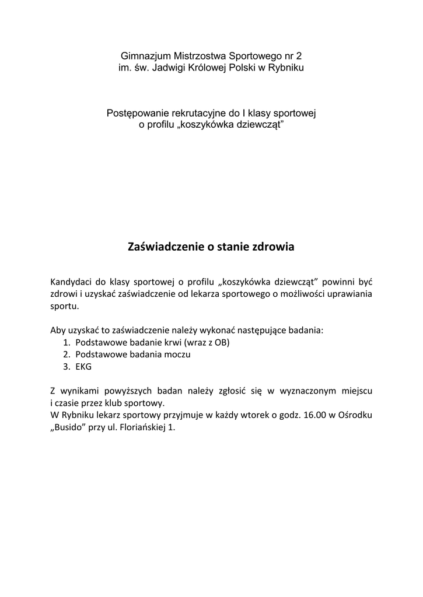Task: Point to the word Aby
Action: pos(58,330)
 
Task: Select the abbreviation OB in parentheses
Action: pos(221,342)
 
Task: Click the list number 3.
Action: pos(67,367)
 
